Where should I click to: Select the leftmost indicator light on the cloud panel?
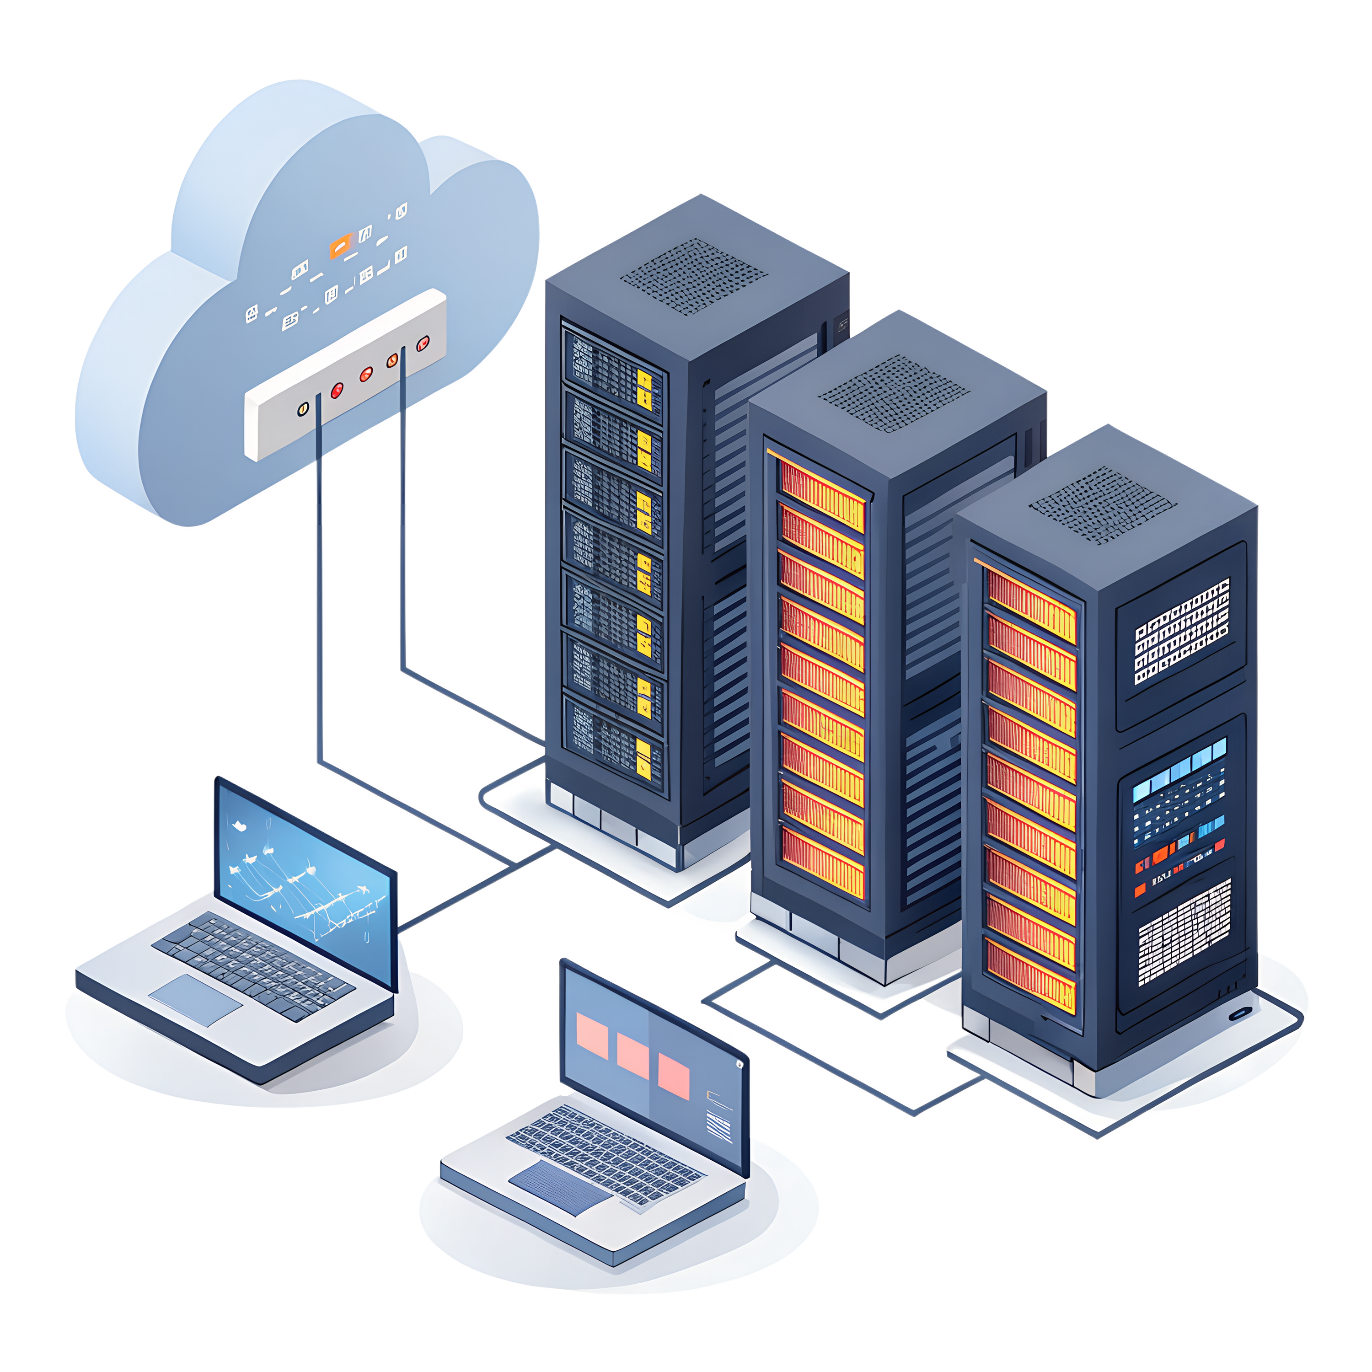pyautogui.click(x=303, y=408)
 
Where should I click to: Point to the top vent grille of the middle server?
pyautogui.click(x=893, y=393)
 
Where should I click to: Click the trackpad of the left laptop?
pyautogui.click(x=195, y=999)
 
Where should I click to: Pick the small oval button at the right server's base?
pyautogui.click(x=1240, y=1013)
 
